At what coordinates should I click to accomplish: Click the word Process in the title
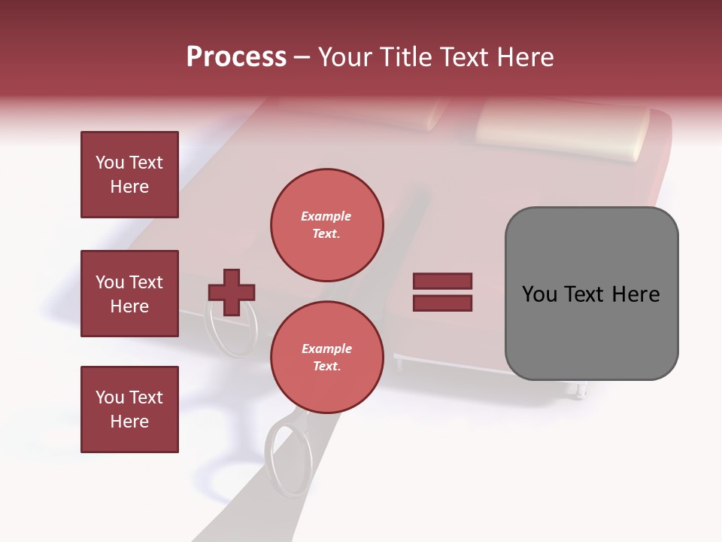(236, 57)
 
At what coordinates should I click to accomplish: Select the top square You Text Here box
(129, 175)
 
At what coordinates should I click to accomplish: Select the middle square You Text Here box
(129, 294)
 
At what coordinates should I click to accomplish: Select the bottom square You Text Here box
(129, 410)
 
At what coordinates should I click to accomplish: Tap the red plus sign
(232, 292)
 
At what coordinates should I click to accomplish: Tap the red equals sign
(442, 292)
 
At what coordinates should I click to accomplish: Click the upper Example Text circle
(327, 224)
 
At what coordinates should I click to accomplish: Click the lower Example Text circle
(327, 357)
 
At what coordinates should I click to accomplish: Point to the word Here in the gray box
(636, 294)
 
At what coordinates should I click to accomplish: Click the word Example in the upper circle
(326, 216)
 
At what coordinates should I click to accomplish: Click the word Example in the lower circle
(326, 349)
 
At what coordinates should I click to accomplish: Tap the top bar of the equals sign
(442, 282)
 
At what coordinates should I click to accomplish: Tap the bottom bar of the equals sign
(442, 303)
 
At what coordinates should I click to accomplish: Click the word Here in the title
(526, 57)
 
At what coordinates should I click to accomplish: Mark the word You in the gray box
(538, 294)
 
